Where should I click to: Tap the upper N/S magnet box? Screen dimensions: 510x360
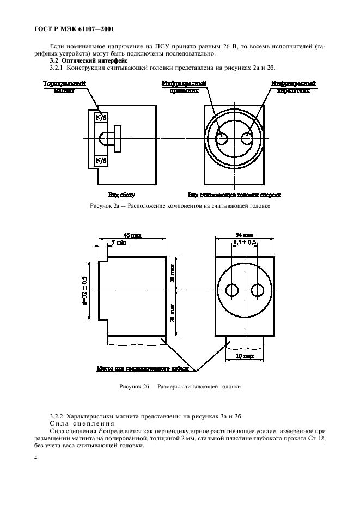pyautogui.click(x=101, y=117)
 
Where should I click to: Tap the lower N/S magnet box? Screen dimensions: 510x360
pyautogui.click(x=101, y=161)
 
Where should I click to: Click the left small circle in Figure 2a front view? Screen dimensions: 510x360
pyautogui.click(x=222, y=138)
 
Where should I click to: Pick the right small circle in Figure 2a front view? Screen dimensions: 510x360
pyautogui.click(x=248, y=138)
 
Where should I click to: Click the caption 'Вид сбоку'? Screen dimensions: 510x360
pyautogui.click(x=121, y=195)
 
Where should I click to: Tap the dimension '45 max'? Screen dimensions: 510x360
pyautogui.click(x=132, y=236)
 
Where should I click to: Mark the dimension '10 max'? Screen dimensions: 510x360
pyautogui.click(x=245, y=356)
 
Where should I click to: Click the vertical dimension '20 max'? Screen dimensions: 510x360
pyautogui.click(x=172, y=273)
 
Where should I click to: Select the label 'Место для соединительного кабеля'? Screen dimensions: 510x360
pyautogui.click(x=143, y=369)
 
